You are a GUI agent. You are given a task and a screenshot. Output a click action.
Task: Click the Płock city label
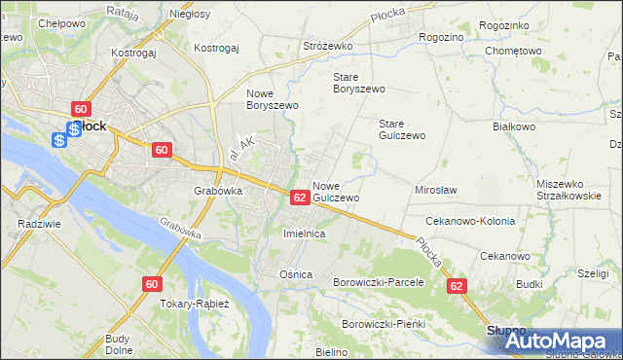[91, 126]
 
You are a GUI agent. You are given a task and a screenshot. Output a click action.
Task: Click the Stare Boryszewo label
[359, 83]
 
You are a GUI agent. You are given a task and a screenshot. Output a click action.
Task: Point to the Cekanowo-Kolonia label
[470, 222]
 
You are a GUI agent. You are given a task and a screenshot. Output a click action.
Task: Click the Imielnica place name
[303, 234]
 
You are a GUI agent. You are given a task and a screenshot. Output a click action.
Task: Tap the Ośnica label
[296, 274]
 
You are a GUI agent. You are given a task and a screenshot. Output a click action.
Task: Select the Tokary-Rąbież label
[195, 303]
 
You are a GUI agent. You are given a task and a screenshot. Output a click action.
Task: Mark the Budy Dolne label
[118, 344]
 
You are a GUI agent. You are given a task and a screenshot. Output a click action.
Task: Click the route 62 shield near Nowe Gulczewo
[300, 197]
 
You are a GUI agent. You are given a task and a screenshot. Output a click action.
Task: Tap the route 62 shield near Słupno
[457, 287]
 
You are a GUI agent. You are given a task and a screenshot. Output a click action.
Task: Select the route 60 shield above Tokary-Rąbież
[150, 284]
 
